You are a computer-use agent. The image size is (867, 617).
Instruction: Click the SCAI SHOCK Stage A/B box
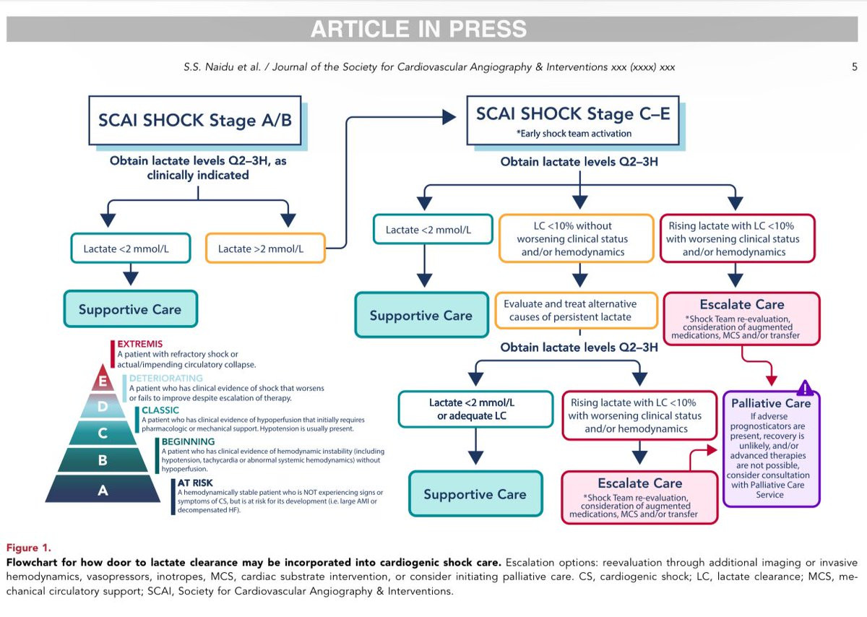pos(195,120)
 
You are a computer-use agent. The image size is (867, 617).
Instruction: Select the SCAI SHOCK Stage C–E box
pos(572,120)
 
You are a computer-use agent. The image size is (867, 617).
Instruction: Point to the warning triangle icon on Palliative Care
pos(806,388)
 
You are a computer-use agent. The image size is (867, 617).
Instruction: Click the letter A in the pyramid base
pos(103,491)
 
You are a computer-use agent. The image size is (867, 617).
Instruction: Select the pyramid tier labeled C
pos(103,433)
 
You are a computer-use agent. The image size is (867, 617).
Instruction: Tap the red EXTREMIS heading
pos(140,344)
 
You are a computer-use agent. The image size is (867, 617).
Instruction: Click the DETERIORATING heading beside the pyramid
pos(166,378)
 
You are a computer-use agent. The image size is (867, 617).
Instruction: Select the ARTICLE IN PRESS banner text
pos(419,29)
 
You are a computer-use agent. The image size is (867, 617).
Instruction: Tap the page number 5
pos(855,67)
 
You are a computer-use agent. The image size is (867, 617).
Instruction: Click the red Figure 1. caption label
pos(28,548)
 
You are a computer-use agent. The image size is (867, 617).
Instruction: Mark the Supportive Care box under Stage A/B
pos(130,309)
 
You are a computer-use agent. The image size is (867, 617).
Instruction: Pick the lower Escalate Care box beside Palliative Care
pos(639,496)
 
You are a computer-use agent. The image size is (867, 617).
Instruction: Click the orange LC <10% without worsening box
pos(572,238)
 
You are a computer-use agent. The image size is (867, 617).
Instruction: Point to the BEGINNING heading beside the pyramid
pos(189,441)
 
